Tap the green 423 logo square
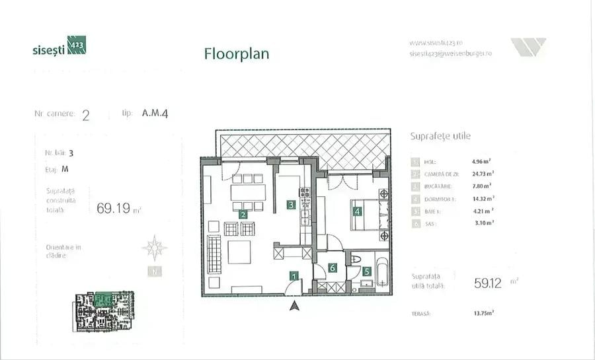[x=77, y=46]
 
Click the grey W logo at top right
[x=528, y=47]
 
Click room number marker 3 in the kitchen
[x=291, y=205]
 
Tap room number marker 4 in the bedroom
[x=357, y=212]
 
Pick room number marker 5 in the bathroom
[x=366, y=270]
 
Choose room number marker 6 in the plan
[x=333, y=268]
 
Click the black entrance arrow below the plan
[x=296, y=305]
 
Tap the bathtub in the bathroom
[x=382, y=271]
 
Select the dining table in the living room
[x=248, y=192]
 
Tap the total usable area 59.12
[x=488, y=283]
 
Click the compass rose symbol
[x=155, y=248]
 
